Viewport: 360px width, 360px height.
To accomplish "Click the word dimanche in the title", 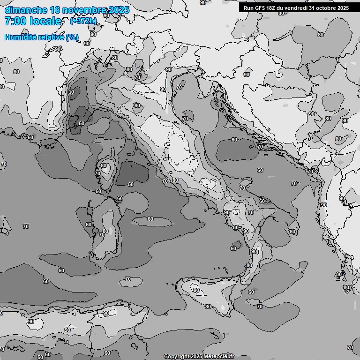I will click(x=26, y=10).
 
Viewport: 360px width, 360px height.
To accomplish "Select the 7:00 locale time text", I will click(x=33, y=21).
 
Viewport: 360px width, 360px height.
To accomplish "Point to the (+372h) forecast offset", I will click(x=83, y=21).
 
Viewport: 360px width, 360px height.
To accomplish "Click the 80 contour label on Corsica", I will click(x=104, y=165).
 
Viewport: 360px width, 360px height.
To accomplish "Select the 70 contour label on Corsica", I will click(x=97, y=173).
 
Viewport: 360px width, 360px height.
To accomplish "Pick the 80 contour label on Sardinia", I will click(x=105, y=231).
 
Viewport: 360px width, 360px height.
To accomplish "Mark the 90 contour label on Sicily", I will click(x=196, y=291).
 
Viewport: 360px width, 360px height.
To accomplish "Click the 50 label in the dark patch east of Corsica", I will click(x=131, y=184).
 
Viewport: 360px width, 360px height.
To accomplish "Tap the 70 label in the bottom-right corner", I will click(x=350, y=347).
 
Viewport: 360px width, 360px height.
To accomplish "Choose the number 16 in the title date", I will click(x=55, y=10).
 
